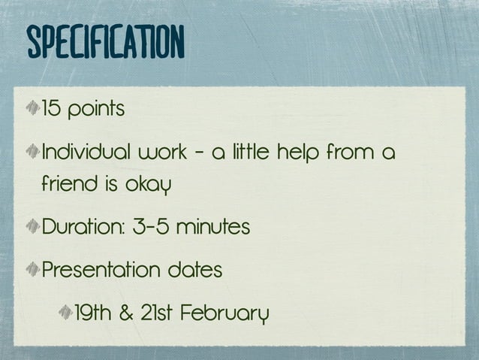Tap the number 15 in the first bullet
coord(51,110)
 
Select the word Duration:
coord(79,226)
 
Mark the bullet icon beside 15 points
coord(33,110)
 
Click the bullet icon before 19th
coord(65,312)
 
